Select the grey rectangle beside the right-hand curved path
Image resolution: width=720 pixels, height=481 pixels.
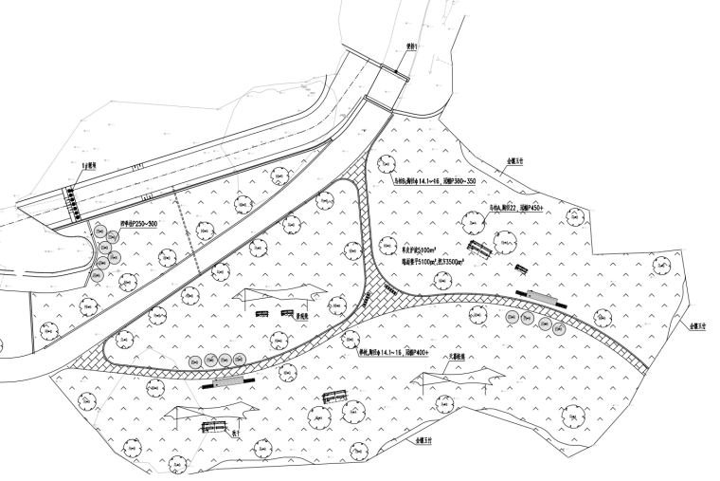pos(542,296)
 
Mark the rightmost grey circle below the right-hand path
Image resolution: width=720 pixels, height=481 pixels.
pos(562,327)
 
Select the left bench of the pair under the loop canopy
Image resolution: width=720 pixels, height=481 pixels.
pos(262,315)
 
